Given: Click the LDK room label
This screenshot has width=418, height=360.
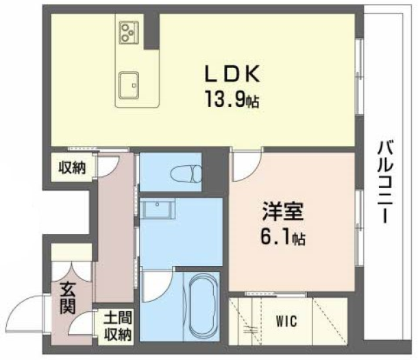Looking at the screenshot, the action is click(x=232, y=73).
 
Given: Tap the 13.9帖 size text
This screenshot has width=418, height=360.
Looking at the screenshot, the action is click(x=232, y=99).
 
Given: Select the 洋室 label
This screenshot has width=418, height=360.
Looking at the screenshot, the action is click(x=283, y=212).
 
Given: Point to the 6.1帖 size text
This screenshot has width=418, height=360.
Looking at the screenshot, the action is click(x=283, y=237).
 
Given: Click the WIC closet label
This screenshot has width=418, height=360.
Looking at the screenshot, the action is click(x=286, y=321).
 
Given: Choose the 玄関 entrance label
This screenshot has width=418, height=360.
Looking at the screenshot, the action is click(x=67, y=298).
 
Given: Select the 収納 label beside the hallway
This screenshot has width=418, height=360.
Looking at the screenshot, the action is click(x=72, y=168).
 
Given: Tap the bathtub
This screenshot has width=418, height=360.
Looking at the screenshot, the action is click(x=203, y=306).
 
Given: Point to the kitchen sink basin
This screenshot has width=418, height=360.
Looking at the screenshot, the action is click(x=129, y=85).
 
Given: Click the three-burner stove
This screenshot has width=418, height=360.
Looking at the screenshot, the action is click(x=129, y=32).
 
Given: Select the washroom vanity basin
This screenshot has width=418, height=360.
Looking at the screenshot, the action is click(x=158, y=208).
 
